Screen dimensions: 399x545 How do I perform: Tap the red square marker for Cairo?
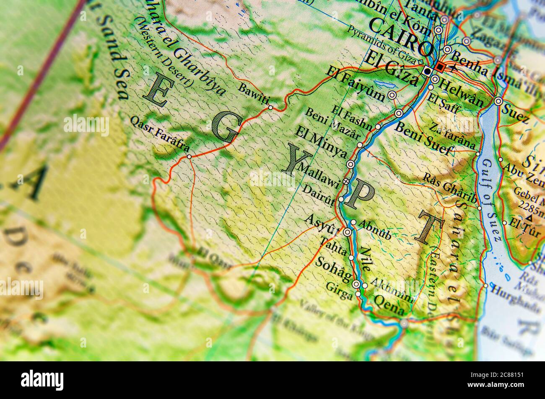(439, 67)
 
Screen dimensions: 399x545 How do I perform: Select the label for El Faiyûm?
(357, 84)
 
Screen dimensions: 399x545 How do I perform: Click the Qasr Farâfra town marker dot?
(189, 157)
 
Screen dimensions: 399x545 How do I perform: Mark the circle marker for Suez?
(498, 101)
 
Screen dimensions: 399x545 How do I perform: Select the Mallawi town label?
(318, 175)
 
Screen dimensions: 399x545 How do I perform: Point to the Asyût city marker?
(347, 232)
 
